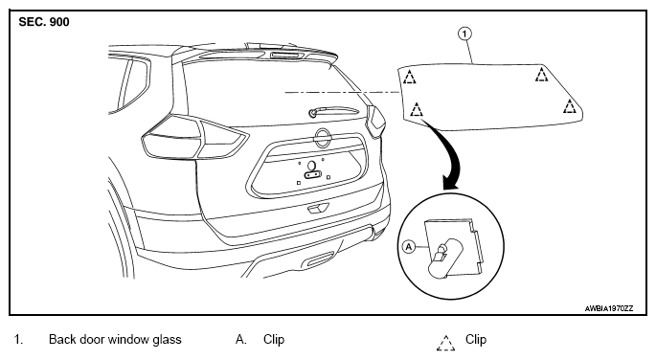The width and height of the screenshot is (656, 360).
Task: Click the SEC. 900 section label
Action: [x=44, y=22]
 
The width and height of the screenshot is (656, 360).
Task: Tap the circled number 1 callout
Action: [x=464, y=34]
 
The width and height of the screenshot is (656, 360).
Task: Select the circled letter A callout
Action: [x=409, y=247]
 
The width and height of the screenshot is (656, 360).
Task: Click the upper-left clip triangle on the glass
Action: [x=410, y=77]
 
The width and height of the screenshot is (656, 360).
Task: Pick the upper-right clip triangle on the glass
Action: [x=542, y=74]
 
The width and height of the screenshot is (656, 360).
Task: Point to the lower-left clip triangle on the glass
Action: [x=417, y=109]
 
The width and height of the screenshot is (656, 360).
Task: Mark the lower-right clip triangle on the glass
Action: [x=570, y=106]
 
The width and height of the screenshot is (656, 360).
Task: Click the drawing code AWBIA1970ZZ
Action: [x=609, y=308]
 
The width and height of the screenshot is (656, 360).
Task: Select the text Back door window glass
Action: [x=115, y=339]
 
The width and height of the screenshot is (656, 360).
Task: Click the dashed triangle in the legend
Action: [x=446, y=343]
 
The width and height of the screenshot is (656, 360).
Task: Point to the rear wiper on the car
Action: [x=333, y=111]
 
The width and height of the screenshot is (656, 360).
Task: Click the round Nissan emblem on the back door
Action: [x=323, y=138]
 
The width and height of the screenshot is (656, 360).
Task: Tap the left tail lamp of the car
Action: [x=195, y=137]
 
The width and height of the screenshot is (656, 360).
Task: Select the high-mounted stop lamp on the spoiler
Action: [x=287, y=55]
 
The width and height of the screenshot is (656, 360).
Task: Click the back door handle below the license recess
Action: [x=318, y=208]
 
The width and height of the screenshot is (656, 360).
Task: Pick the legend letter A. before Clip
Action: [x=241, y=339]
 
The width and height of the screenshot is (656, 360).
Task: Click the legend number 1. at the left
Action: [x=18, y=339]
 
